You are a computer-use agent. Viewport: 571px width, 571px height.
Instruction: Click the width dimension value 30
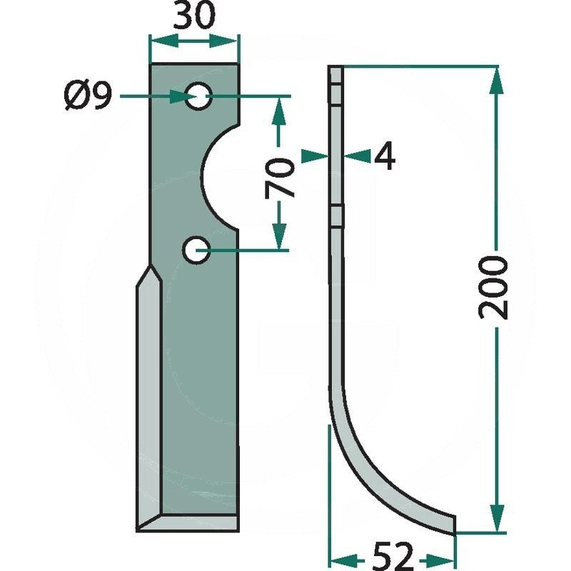click(194, 16)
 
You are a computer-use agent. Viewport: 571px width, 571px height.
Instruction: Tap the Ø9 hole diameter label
click(87, 96)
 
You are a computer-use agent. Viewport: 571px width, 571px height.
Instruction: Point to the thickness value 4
click(385, 156)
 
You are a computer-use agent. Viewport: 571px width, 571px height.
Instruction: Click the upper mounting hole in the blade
click(198, 96)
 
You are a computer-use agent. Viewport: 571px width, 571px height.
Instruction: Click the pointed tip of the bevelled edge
click(150, 266)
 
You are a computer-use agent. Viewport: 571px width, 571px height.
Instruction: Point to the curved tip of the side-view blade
click(455, 525)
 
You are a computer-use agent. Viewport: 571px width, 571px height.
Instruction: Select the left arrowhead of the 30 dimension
click(164, 41)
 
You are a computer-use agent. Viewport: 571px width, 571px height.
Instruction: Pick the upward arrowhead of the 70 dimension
click(279, 111)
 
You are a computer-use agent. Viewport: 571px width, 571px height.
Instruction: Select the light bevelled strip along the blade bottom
click(188, 523)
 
